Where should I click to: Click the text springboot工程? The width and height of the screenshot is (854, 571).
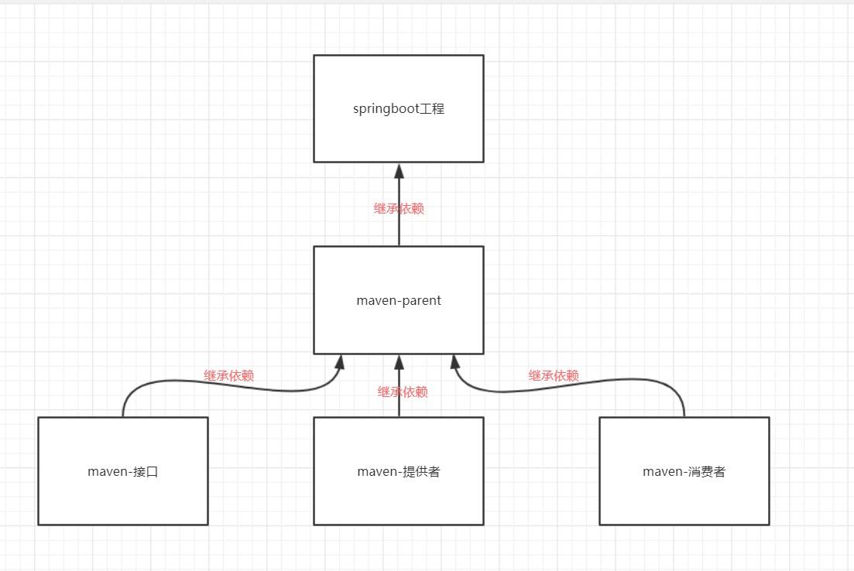pyautogui.click(x=398, y=108)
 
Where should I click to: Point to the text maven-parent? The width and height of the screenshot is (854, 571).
pyautogui.click(x=398, y=300)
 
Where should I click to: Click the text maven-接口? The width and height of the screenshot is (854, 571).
pyautogui.click(x=123, y=471)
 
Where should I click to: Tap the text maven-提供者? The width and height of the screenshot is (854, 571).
pyautogui.click(x=398, y=471)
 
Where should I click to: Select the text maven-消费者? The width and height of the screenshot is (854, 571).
pyautogui.click(x=684, y=471)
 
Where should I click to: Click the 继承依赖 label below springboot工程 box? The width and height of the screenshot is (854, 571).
pyautogui.click(x=399, y=208)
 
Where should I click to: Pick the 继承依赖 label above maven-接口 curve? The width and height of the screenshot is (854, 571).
pyautogui.click(x=228, y=376)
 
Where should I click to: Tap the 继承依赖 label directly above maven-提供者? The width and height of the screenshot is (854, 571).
pyautogui.click(x=403, y=391)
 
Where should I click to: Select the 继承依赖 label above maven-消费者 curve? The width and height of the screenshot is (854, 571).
pyautogui.click(x=554, y=376)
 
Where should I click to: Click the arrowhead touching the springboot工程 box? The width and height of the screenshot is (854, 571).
pyautogui.click(x=399, y=171)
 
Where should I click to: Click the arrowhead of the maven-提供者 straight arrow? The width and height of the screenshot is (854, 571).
pyautogui.click(x=399, y=362)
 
